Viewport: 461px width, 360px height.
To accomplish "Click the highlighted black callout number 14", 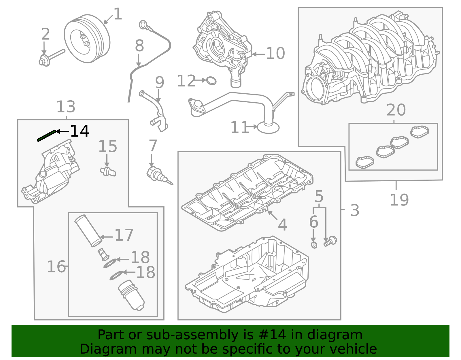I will point(80,131).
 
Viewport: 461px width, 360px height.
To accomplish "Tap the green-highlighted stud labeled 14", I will point(46,136).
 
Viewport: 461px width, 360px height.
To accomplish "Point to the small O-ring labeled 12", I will point(211,81).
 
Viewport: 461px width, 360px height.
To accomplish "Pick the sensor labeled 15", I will point(108,171).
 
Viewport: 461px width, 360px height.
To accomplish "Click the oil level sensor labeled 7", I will point(157,175).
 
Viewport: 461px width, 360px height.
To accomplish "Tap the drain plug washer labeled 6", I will point(314,245).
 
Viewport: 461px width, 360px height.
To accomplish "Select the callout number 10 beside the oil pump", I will point(275,54).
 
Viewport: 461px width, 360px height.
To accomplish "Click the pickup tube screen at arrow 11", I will point(268,127).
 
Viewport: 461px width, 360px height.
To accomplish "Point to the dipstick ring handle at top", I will point(143,25).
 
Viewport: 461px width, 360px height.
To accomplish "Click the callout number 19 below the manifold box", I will point(399,200).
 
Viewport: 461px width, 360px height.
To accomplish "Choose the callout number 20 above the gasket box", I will point(396,110).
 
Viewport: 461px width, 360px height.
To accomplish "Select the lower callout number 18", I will point(146,272).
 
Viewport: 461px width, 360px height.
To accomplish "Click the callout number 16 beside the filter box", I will point(56,267).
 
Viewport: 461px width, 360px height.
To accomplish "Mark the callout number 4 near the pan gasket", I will point(282,225).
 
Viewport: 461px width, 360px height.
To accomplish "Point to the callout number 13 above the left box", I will point(66,107).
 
